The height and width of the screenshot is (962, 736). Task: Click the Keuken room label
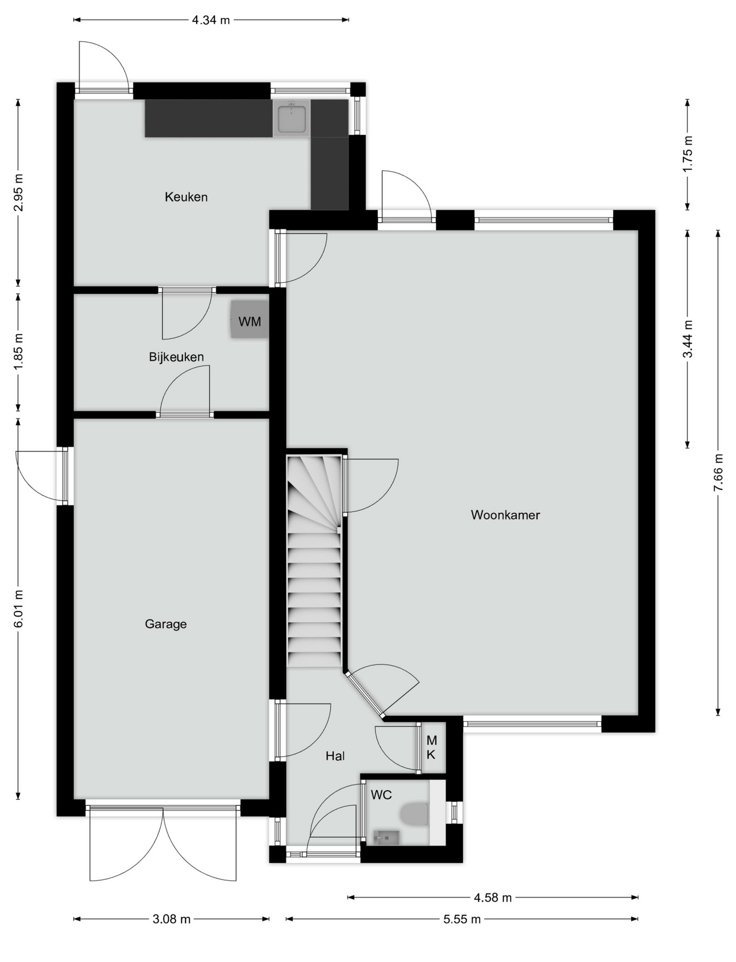pos(186,197)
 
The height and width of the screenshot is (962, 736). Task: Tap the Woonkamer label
pos(505,515)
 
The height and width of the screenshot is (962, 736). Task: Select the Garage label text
pos(165,624)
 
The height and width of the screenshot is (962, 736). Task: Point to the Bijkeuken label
pos(176,357)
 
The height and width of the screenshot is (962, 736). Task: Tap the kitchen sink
pos(292,118)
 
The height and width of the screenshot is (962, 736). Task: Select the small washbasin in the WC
pos(386,838)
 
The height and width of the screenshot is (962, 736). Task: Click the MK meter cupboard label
pos(431,747)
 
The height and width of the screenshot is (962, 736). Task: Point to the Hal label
pos(335,756)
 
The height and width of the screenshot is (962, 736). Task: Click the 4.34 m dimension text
pos(211,20)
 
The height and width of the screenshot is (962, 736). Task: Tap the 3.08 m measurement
pos(171,919)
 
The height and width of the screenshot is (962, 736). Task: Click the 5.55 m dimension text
pos(462,919)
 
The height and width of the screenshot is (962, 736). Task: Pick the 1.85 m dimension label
pos(18,352)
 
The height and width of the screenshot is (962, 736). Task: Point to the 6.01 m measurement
pos(18,609)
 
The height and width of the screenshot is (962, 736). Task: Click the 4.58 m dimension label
pos(493,898)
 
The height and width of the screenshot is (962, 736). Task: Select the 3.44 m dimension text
pos(687,339)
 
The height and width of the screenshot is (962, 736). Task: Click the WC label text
pos(381,795)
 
